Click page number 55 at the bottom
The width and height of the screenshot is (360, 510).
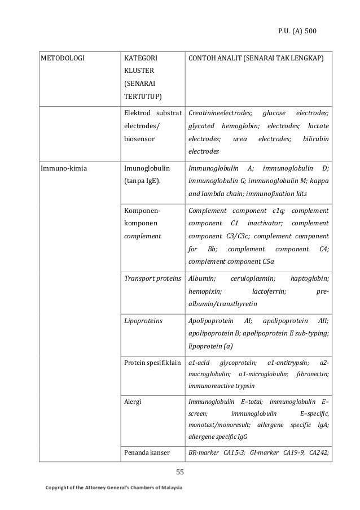(x=180, y=472)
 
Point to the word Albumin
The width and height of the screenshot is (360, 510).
(x=201, y=278)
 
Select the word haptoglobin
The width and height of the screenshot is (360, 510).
(x=310, y=278)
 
